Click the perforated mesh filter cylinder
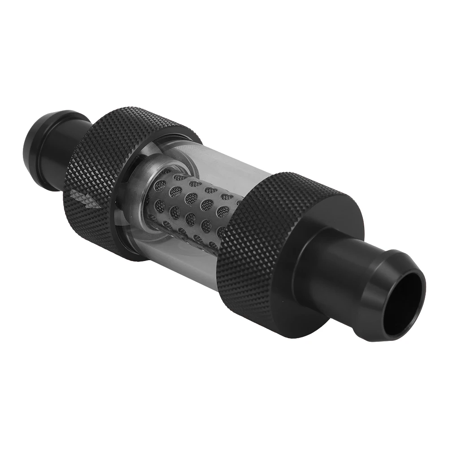tap(193, 202)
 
